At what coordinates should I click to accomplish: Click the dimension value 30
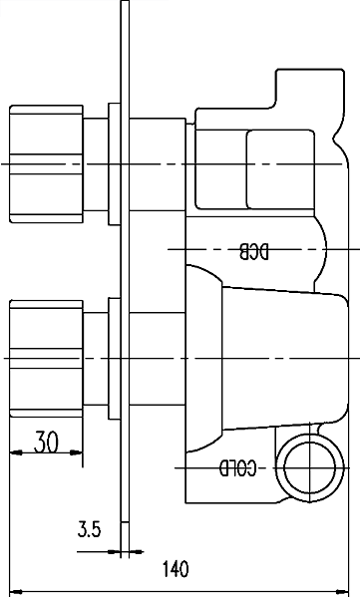click(x=46, y=441)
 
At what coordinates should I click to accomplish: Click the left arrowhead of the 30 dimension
click(x=14, y=453)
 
